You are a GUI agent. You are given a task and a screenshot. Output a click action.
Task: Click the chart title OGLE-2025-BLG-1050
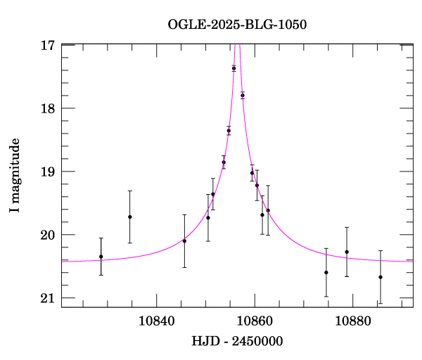tap(237, 24)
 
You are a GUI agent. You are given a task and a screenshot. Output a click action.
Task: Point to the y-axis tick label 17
tap(49, 45)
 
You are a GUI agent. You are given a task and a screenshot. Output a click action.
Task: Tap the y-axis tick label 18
tap(49, 108)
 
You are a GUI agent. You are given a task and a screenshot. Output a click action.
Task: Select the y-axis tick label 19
tap(49, 172)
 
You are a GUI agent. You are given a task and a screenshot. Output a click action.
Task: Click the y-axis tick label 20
tap(49, 235)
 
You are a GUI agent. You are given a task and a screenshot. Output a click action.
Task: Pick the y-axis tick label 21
tap(49, 298)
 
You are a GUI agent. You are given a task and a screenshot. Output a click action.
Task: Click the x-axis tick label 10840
tap(154, 321)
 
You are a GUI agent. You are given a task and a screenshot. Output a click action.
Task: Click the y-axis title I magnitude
tap(15, 176)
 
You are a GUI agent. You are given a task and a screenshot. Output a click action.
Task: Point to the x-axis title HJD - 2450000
tap(237, 342)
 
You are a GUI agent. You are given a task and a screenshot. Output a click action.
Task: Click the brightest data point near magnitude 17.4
tap(234, 68)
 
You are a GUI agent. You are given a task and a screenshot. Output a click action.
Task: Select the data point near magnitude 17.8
tap(242, 95)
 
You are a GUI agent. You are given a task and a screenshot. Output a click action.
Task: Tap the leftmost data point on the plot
tap(101, 257)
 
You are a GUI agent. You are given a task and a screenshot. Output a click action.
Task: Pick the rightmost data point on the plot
tap(381, 277)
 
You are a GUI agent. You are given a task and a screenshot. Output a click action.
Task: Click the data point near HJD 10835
tap(130, 217)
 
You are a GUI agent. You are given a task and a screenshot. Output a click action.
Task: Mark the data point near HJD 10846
tap(184, 240)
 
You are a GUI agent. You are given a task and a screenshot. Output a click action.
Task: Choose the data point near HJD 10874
tap(326, 272)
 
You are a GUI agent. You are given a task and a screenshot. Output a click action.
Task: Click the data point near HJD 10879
tap(347, 252)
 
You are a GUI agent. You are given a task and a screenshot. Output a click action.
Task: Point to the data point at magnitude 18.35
tap(229, 130)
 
